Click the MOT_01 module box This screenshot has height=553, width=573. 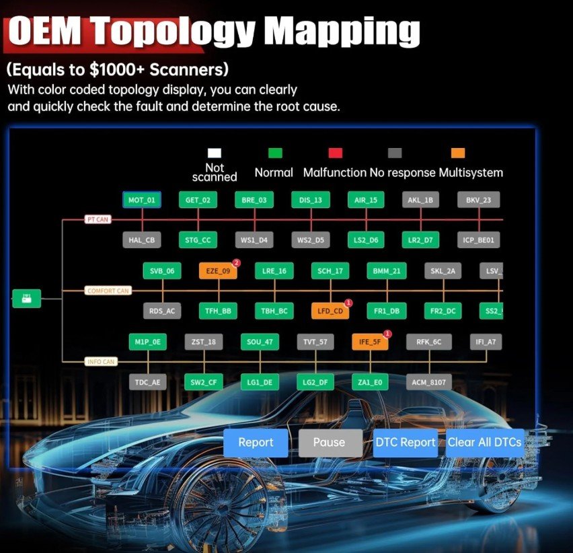(x=142, y=200)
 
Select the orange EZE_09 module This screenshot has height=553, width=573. (x=218, y=271)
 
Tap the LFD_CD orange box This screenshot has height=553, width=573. (x=330, y=311)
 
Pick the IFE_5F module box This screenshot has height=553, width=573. (x=370, y=342)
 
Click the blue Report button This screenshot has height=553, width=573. (x=256, y=442)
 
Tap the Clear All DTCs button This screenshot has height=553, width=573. (x=485, y=442)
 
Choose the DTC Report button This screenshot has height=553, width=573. (x=406, y=442)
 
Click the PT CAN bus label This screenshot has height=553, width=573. (x=98, y=219)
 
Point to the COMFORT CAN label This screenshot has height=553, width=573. (x=108, y=291)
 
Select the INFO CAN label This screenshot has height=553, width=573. (x=101, y=361)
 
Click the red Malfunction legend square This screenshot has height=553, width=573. (x=336, y=153)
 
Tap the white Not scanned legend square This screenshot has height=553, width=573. (x=215, y=153)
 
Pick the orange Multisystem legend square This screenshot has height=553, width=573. (x=458, y=153)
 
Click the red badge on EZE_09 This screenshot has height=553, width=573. (x=237, y=263)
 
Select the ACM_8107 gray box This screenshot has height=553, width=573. (x=428, y=382)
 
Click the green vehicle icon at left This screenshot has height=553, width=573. (x=27, y=298)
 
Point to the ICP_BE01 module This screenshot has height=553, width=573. (x=478, y=239)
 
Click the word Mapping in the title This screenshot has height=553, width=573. (x=342, y=32)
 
